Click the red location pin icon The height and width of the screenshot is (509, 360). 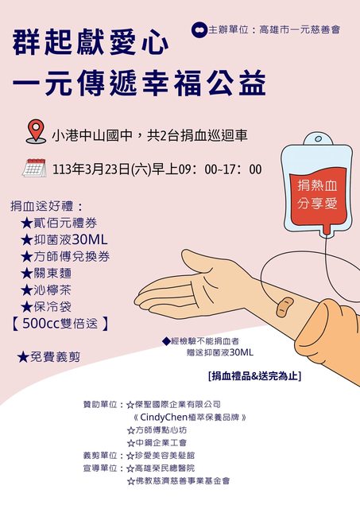pyautogui.click(x=36, y=131)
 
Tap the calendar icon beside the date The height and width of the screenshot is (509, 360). pyautogui.click(x=34, y=168)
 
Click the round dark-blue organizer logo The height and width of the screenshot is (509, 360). pyautogui.click(x=199, y=30)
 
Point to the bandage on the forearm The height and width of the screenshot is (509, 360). pyautogui.click(x=285, y=307)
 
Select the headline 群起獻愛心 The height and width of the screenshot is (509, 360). pyautogui.click(x=91, y=42)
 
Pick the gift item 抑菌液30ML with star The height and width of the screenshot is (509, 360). pyautogui.click(x=64, y=239)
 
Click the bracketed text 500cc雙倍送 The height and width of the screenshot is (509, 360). pyautogui.click(x=60, y=324)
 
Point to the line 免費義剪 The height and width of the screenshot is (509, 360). pyautogui.click(x=48, y=357)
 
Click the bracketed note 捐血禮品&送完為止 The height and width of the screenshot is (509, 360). pyautogui.click(x=254, y=376)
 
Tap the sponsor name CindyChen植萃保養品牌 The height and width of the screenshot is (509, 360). pyautogui.click(x=190, y=417)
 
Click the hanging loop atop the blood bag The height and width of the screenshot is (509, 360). pyautogui.click(x=318, y=139)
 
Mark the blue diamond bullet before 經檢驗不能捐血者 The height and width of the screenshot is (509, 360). pyautogui.click(x=166, y=341)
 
